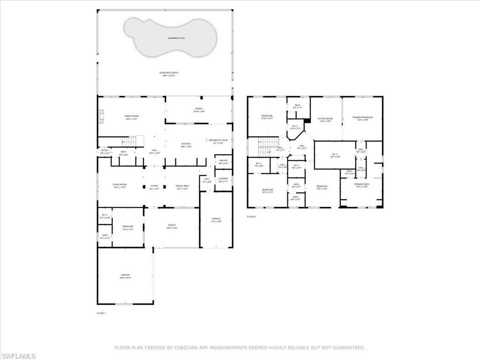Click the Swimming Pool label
tap(176, 38)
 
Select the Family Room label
tap(131, 117)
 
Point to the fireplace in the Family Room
tap(100, 116)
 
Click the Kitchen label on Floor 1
tap(186, 145)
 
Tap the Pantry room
tap(224, 162)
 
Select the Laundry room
tap(224, 179)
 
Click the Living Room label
tap(120, 186)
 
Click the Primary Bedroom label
tap(362, 118)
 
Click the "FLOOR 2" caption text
tap(252, 217)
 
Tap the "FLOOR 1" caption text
tap(101, 313)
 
